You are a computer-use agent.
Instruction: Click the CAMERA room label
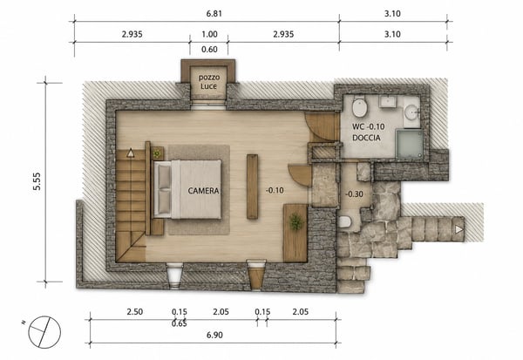pos(203,191)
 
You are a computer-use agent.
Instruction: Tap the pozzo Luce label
pos(209,82)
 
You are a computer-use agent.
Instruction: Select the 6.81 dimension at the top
pos(214,14)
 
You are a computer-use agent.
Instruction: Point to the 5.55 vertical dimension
pos(37,181)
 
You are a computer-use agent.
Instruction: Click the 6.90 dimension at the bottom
pos(214,335)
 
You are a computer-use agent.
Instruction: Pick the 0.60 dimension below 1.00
pos(209,50)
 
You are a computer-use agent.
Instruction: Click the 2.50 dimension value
pos(135,311)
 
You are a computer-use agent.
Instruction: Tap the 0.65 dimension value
pos(179,323)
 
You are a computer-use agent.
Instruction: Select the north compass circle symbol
pos(44,332)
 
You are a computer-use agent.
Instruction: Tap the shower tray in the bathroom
pos(410,144)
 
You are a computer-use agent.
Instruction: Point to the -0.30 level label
pos(354,194)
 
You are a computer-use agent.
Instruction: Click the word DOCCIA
pos(366,138)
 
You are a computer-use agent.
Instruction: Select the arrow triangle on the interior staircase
pos(131,153)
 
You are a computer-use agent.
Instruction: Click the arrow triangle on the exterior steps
pos(459,229)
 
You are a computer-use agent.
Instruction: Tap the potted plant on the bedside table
pos(157,153)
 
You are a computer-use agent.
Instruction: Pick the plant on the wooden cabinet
pos(295,222)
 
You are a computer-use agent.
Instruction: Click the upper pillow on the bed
pos(164,176)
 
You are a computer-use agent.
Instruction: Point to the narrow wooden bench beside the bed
pos(253,187)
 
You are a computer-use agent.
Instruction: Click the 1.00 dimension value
pos(209,34)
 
